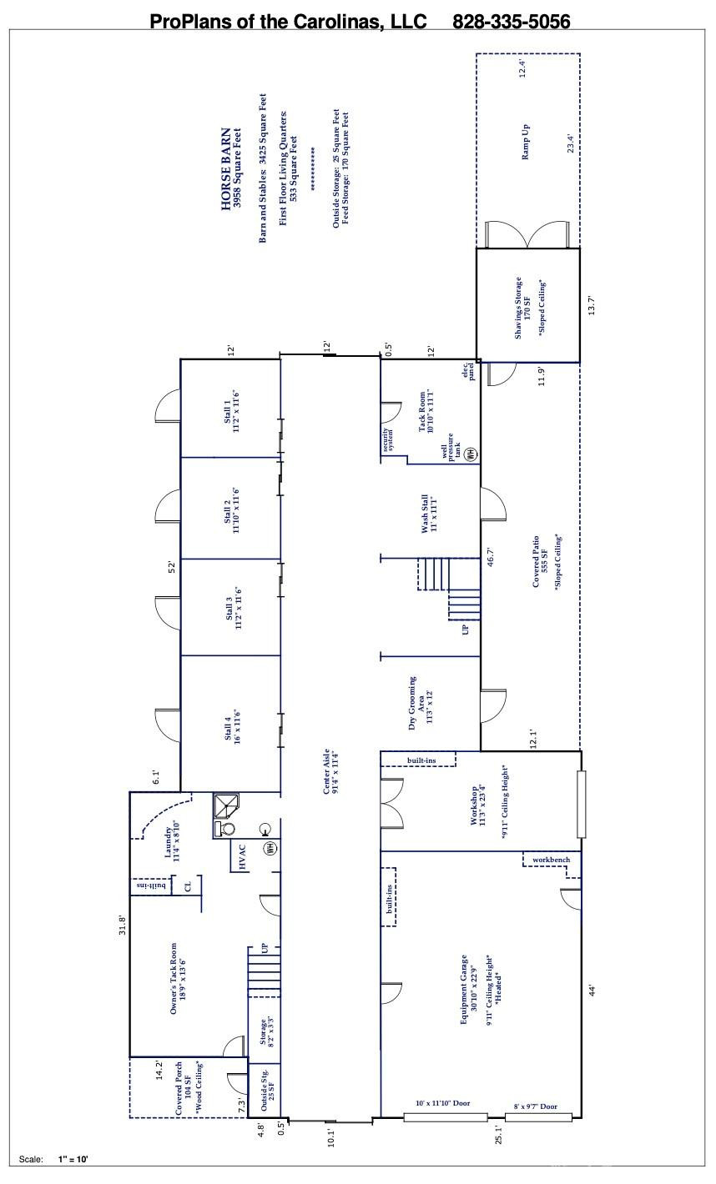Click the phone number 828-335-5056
511,21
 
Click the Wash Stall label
429,512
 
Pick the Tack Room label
426,411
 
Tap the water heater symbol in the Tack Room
471,454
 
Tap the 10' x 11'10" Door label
442,1103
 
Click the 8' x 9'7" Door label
536,1106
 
